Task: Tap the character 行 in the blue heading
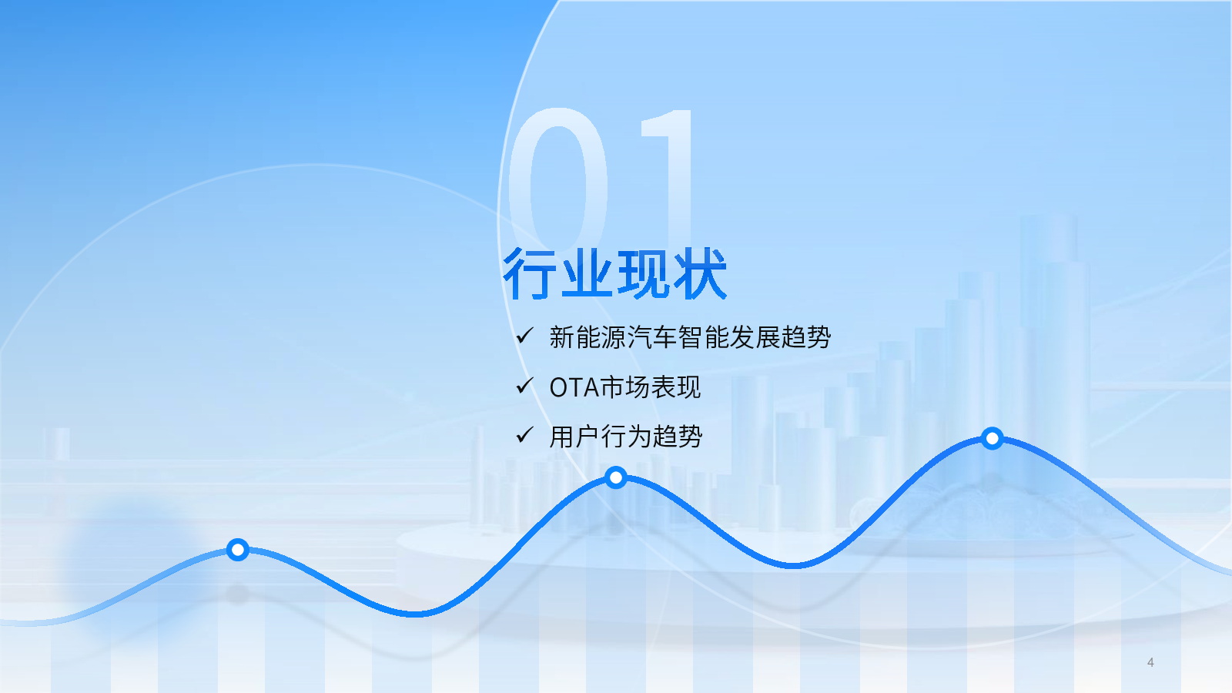(530, 273)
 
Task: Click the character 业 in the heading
(586, 273)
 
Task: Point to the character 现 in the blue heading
(643, 273)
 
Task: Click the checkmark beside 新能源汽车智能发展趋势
(524, 335)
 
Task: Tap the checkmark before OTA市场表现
(524, 386)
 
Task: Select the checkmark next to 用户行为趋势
(524, 435)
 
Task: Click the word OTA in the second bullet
(574, 388)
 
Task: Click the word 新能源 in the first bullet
(588, 337)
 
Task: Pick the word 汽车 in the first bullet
(651, 337)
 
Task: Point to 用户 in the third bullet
(574, 437)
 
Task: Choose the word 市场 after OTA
(624, 387)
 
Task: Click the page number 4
(1150, 662)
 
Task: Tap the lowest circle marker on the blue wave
(238, 550)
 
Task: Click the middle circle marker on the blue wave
(616, 477)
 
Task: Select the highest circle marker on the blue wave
(993, 438)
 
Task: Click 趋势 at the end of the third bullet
(678, 437)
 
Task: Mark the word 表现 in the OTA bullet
(676, 387)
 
